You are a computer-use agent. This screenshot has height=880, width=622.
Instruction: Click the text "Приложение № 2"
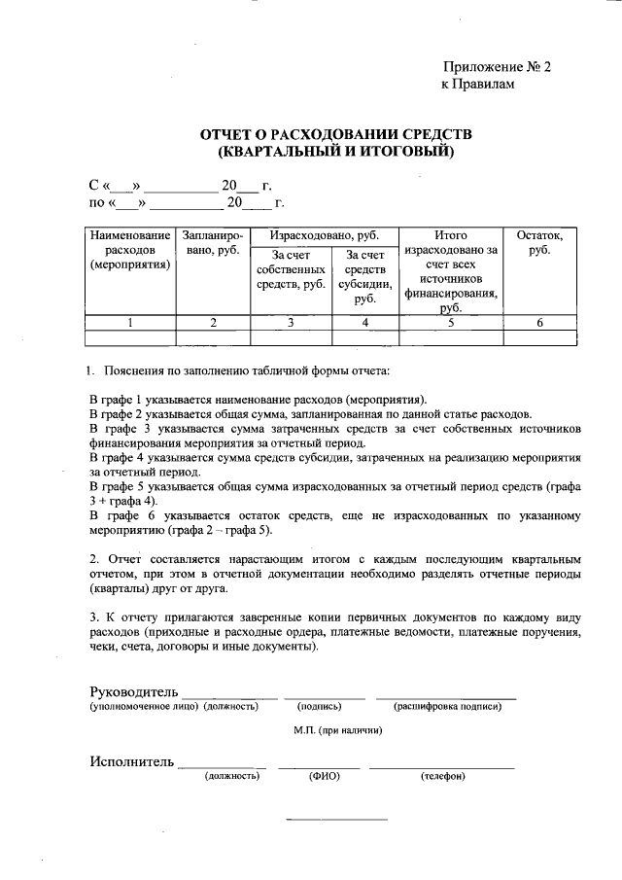click(x=497, y=67)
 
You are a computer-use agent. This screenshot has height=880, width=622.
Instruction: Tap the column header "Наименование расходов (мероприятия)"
click(x=130, y=250)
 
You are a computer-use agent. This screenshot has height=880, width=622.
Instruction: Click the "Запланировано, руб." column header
click(x=213, y=243)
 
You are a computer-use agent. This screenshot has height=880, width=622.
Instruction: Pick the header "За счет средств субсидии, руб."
click(x=364, y=276)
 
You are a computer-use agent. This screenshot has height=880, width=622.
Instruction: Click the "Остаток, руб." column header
click(x=539, y=243)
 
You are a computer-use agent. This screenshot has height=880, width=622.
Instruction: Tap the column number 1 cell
click(x=130, y=323)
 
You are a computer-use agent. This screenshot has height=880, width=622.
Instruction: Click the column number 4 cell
click(x=364, y=323)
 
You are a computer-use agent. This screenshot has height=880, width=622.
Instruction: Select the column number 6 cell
click(x=539, y=323)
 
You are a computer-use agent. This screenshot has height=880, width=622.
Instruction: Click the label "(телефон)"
click(x=442, y=776)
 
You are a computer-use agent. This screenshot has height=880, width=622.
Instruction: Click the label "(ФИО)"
click(x=323, y=776)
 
